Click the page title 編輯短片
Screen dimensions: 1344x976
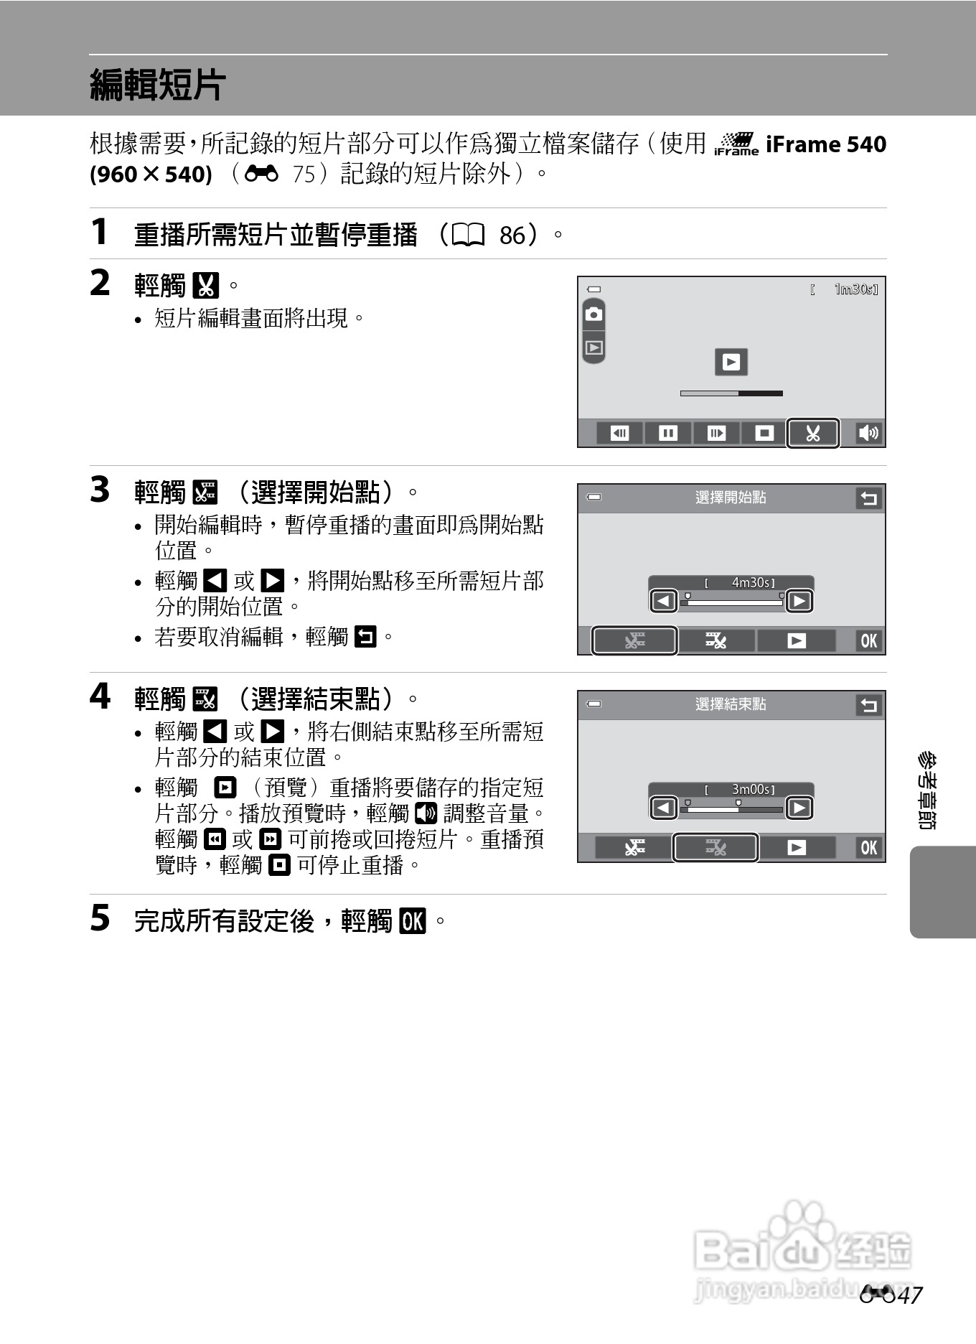click(x=158, y=85)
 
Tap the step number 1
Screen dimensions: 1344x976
click(x=99, y=232)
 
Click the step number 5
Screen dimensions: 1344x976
click(x=100, y=918)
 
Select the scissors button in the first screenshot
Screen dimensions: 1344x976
click(x=812, y=433)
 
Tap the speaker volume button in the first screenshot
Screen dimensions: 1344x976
click(x=868, y=433)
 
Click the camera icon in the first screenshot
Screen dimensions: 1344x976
click(x=593, y=314)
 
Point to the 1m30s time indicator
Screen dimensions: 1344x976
click(x=855, y=289)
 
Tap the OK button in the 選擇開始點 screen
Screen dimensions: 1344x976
click(x=868, y=640)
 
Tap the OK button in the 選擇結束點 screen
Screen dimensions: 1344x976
click(x=868, y=847)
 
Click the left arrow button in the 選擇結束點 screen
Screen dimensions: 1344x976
click(x=664, y=808)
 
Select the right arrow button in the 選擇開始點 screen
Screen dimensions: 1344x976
click(x=799, y=601)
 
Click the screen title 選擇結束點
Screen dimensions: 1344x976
click(x=731, y=704)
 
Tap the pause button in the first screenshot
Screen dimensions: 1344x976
click(x=667, y=433)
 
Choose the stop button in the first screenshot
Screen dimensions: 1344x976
click(x=764, y=433)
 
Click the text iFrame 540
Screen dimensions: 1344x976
click(x=825, y=144)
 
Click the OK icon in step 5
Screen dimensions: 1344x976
click(x=413, y=920)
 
